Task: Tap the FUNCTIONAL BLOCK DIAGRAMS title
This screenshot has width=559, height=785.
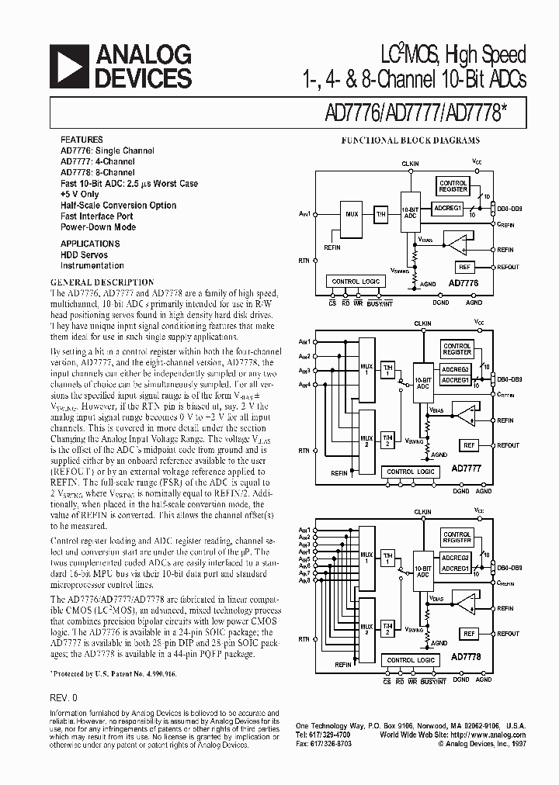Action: click(x=411, y=140)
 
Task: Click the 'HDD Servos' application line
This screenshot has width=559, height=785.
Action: click(x=85, y=254)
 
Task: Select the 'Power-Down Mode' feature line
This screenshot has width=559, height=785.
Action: click(x=99, y=227)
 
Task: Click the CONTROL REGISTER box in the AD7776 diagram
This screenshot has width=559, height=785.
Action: click(x=453, y=186)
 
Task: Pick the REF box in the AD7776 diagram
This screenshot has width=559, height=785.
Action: click(x=464, y=267)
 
